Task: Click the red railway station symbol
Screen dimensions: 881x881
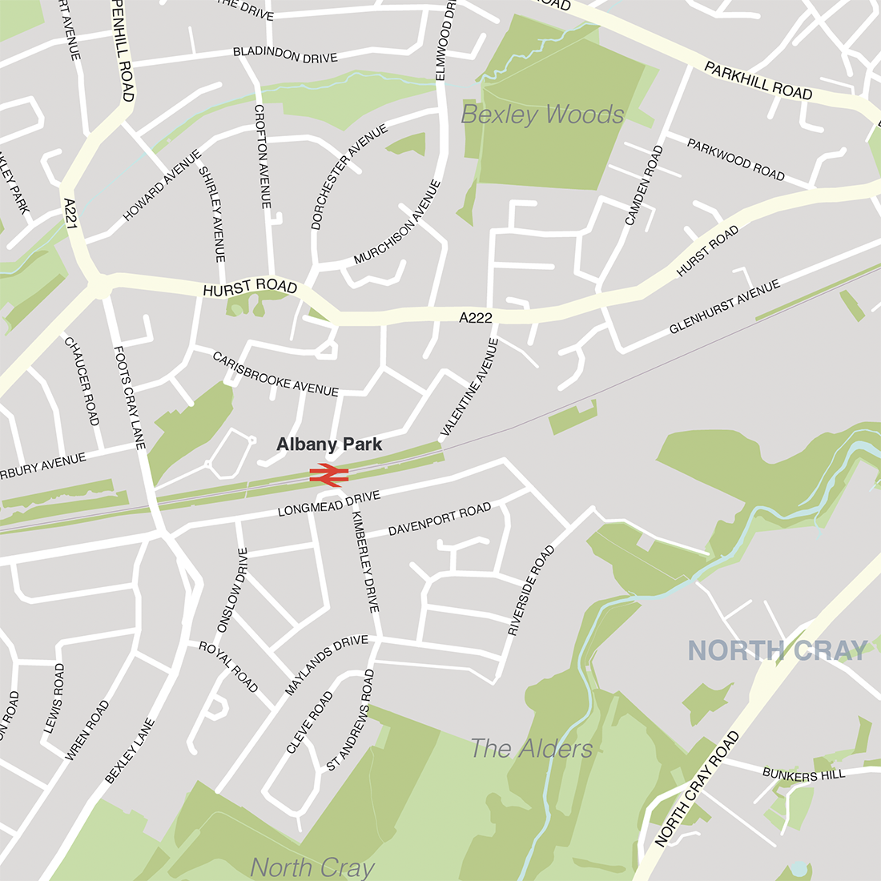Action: click(328, 475)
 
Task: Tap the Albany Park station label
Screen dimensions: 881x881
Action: click(329, 445)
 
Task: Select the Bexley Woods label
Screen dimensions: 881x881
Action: click(542, 115)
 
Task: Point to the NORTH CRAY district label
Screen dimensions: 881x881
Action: click(778, 650)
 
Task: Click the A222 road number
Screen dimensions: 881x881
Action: click(475, 318)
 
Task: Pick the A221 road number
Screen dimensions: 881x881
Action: click(70, 214)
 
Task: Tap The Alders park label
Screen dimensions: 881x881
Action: click(532, 749)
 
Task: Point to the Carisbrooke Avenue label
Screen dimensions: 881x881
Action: click(276, 373)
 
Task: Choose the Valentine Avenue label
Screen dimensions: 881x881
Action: click(470, 388)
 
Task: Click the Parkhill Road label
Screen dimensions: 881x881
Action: click(758, 81)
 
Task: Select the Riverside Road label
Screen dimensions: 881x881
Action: click(531, 591)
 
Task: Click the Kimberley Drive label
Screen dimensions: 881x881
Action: click(364, 561)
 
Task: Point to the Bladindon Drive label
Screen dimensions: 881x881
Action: click(285, 55)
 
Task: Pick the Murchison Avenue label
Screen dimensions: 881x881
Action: click(397, 222)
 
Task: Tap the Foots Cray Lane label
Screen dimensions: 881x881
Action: click(130, 396)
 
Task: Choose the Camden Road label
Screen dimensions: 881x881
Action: click(644, 185)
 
